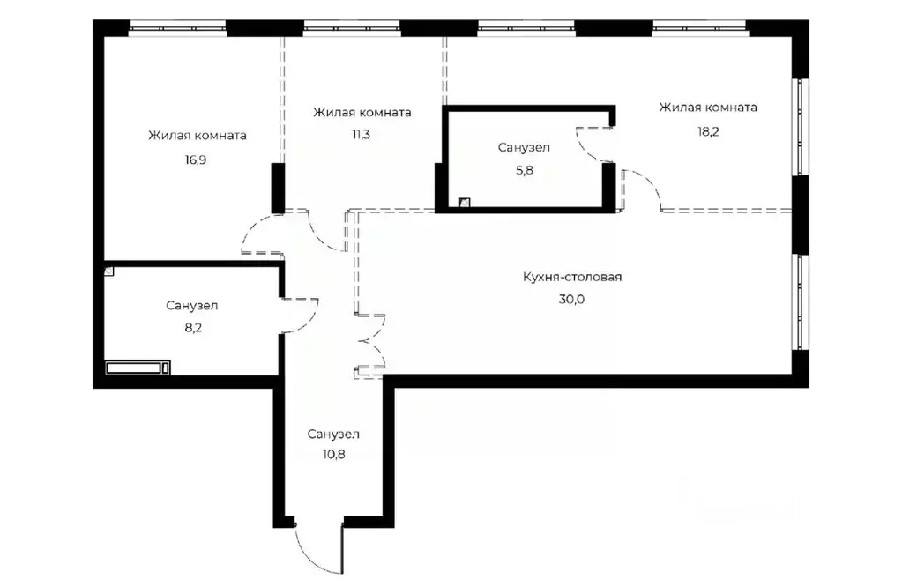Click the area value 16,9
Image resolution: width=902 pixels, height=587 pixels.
click(196, 160)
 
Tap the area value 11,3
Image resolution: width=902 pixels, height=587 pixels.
click(362, 135)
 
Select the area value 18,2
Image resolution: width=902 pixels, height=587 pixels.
click(708, 131)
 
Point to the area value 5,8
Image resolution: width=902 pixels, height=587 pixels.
click(524, 171)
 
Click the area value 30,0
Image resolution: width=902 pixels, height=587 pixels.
click(572, 300)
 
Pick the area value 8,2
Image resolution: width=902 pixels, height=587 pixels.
click(193, 328)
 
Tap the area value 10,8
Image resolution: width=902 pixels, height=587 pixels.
click(333, 455)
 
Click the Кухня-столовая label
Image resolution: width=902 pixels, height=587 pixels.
click(572, 277)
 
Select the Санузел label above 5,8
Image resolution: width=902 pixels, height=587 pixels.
click(524, 148)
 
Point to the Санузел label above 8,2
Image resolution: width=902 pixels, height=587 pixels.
click(192, 306)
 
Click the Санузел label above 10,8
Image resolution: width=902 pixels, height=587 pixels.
click(333, 434)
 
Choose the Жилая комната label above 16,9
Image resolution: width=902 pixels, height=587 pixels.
click(198, 136)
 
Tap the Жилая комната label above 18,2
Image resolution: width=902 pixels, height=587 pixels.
click(708, 108)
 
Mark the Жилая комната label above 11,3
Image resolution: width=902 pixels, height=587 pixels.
click(362, 112)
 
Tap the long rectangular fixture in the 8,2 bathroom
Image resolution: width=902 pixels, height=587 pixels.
click(138, 368)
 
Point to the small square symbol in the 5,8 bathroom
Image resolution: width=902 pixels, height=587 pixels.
click(465, 202)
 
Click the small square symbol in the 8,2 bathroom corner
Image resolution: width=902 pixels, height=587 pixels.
click(108, 271)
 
